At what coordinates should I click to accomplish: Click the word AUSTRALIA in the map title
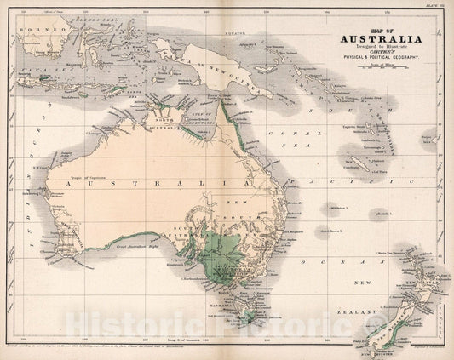coord(379,38)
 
